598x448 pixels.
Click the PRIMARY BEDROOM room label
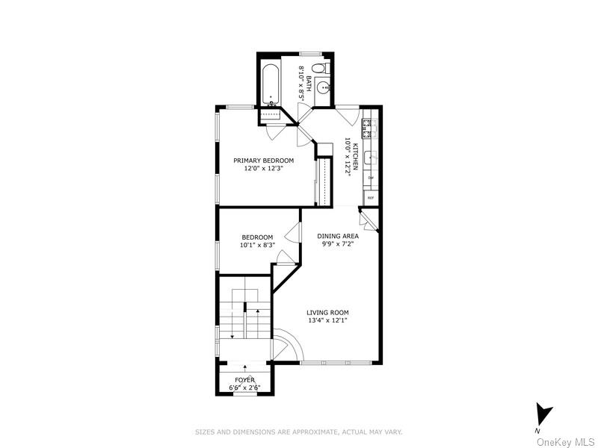263,161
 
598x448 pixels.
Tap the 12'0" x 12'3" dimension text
263,169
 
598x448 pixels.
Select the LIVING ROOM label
327,312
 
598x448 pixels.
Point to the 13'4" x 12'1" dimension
327,320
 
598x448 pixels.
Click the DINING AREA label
338,237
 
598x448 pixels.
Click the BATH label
308,78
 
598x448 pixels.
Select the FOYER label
244,379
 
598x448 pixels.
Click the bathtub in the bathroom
271,84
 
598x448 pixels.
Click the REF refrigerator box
370,198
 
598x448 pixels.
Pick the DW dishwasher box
370,178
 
